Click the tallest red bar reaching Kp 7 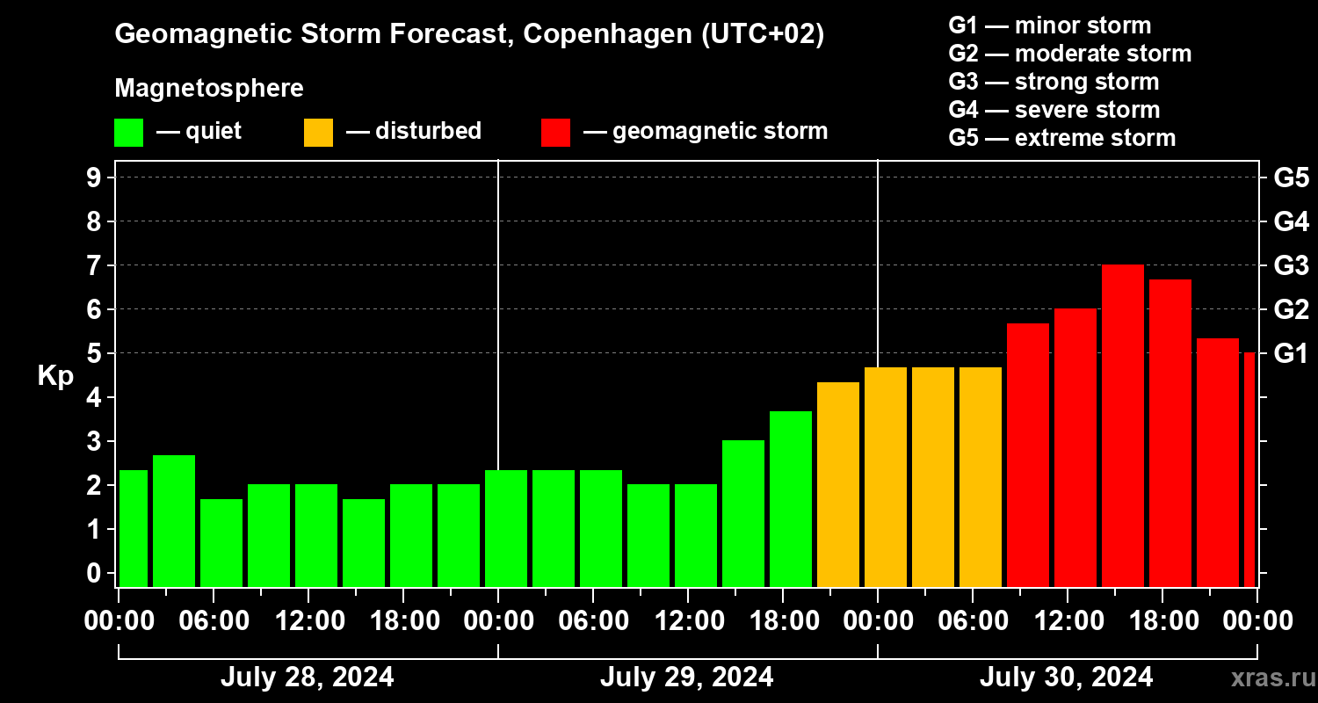click(1123, 426)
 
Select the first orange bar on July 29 click(838, 484)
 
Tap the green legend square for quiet click(128, 133)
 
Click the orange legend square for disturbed click(318, 133)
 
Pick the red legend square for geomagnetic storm click(555, 133)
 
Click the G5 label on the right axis click(1291, 178)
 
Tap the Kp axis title click(55, 375)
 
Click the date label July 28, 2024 click(307, 678)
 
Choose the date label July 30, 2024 click(1066, 678)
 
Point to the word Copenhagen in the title click(605, 35)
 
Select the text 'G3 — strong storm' click(1054, 82)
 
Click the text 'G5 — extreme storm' click(1061, 138)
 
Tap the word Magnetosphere click(209, 89)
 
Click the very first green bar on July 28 click(134, 528)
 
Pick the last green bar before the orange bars click(791, 498)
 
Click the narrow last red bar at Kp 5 click(1249, 469)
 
